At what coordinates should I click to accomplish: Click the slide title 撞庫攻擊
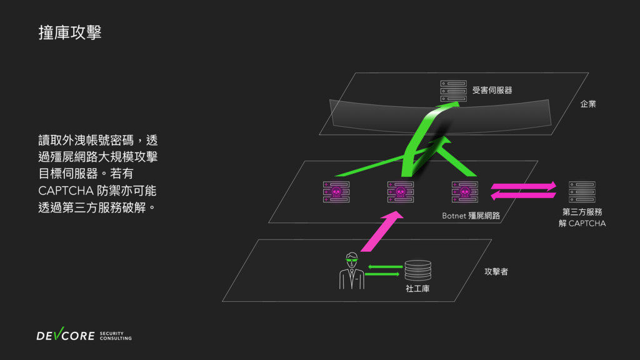[x=69, y=33]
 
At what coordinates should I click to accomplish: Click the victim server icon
[x=453, y=91]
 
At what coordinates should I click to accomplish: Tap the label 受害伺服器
[x=492, y=91]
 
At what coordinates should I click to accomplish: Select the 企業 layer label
[x=587, y=103]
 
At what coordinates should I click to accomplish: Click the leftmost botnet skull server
[x=336, y=192]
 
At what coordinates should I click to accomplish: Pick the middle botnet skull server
[x=400, y=192]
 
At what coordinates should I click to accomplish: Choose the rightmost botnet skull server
[x=465, y=192]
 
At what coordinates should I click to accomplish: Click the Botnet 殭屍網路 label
[x=471, y=216]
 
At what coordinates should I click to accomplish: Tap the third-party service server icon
[x=582, y=192]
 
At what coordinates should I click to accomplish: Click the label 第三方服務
[x=582, y=212]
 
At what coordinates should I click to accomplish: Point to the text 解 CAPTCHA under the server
[x=582, y=224]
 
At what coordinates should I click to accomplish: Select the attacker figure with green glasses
[x=352, y=271]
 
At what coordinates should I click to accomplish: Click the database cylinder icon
[x=417, y=271]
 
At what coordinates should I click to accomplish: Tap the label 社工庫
[x=417, y=289]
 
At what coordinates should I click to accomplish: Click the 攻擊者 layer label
[x=496, y=272]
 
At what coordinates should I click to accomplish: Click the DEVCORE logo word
[x=66, y=336]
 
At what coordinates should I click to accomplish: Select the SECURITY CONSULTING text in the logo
[x=116, y=336]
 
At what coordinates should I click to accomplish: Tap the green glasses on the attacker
[x=352, y=257]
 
